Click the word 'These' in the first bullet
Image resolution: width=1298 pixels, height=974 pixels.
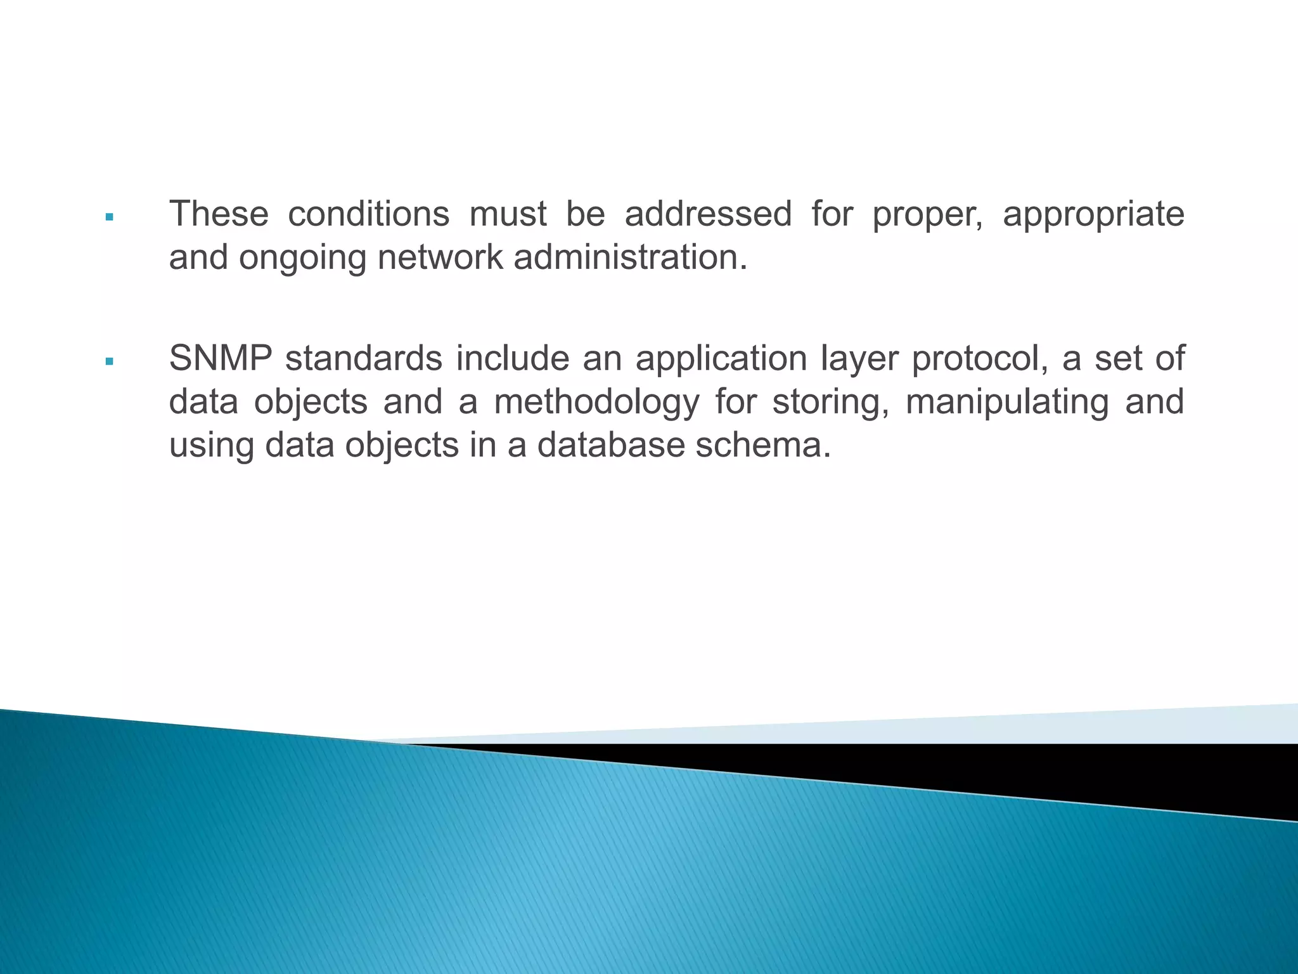click(x=219, y=214)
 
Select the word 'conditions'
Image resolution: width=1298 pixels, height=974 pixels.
click(x=368, y=214)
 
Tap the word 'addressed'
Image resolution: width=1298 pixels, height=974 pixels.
click(x=708, y=214)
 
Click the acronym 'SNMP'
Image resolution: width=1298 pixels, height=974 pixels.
click(x=221, y=358)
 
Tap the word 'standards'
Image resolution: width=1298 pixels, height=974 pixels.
click(x=364, y=358)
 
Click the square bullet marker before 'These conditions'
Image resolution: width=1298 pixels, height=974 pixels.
click(x=110, y=217)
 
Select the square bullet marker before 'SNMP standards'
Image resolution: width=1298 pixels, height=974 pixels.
click(x=110, y=361)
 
